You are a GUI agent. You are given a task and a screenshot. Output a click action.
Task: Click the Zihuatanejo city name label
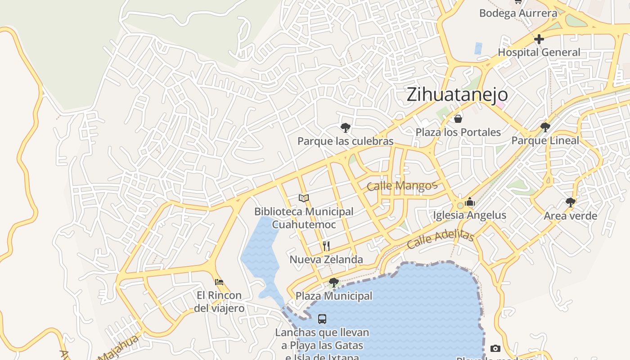pos(457,95)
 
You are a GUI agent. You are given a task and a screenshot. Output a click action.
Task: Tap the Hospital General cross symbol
pos(539,39)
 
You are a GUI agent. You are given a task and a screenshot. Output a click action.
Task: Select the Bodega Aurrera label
pos(518,13)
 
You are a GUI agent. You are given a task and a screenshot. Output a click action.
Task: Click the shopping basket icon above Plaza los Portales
pos(458,119)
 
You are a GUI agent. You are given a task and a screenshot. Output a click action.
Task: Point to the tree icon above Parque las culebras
pos(346,128)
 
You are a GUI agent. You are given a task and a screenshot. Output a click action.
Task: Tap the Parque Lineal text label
pos(545,140)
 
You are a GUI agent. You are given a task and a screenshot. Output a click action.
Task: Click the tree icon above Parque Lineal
pos(545,127)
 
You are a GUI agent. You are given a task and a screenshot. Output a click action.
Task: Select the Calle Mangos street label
pos(402,186)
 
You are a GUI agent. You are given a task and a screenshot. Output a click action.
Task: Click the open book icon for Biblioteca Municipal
pos(304,198)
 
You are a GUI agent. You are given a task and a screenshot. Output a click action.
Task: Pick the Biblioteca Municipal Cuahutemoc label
pos(304,218)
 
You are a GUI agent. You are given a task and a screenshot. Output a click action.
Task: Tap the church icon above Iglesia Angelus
pos(470,202)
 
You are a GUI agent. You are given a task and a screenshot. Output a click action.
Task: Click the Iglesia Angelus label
pos(469,215)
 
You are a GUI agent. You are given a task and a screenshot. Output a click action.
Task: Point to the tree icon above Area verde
pos(571,202)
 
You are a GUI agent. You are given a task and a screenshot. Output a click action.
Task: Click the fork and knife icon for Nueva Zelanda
pos(326,246)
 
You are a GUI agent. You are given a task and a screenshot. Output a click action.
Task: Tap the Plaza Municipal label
pos(333,296)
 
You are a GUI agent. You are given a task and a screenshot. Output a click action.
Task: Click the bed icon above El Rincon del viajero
pos(219,282)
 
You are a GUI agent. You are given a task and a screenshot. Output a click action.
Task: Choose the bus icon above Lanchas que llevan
pos(322,319)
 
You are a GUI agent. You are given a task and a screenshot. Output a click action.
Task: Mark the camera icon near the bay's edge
pos(495,348)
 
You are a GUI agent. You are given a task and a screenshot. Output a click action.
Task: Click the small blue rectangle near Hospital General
pos(478,48)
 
